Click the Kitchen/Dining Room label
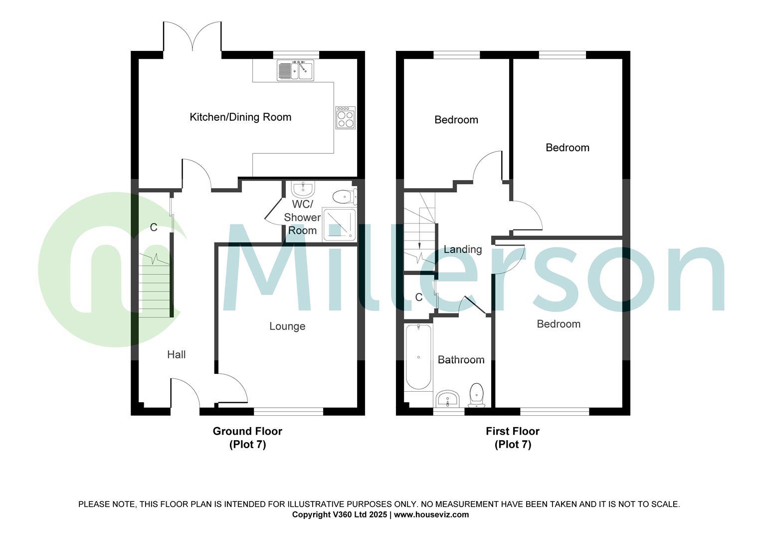pyautogui.click(x=240, y=117)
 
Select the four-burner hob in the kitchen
pyautogui.click(x=345, y=118)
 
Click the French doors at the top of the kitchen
pyautogui.click(x=192, y=37)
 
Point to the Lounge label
pyautogui.click(x=287, y=326)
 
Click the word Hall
pyautogui.click(x=176, y=355)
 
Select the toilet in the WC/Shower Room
pyautogui.click(x=344, y=197)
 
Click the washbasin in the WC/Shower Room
pyautogui.click(x=303, y=190)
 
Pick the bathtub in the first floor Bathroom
pyautogui.click(x=418, y=357)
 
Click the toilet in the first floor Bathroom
pyautogui.click(x=477, y=394)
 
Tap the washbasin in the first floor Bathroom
pyautogui.click(x=447, y=399)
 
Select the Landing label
pyautogui.click(x=463, y=250)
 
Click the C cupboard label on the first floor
pyautogui.click(x=419, y=297)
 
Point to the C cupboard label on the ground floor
pyautogui.click(x=154, y=228)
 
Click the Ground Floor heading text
pyautogui.click(x=247, y=431)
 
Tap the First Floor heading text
pyautogui.click(x=513, y=431)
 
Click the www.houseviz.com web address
pyautogui.click(x=431, y=515)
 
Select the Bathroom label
pyautogui.click(x=461, y=360)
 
